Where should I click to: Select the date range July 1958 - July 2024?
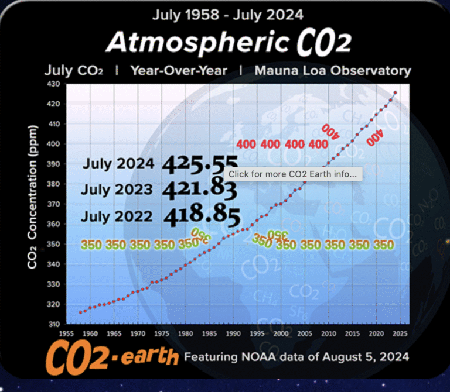[x=227, y=14]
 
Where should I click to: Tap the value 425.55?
[x=200, y=166]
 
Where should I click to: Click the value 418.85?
[x=202, y=216]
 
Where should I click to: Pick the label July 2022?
[x=117, y=216]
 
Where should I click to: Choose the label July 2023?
[x=117, y=190]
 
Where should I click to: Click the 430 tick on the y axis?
[x=54, y=84]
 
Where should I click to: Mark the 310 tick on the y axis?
[x=54, y=324]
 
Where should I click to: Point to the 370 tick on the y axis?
[x=54, y=204]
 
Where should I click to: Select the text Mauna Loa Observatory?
[x=333, y=71]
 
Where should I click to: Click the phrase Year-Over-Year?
[x=179, y=71]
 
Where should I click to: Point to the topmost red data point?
[x=396, y=92]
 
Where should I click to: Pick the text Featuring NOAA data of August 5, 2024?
[x=296, y=356]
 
